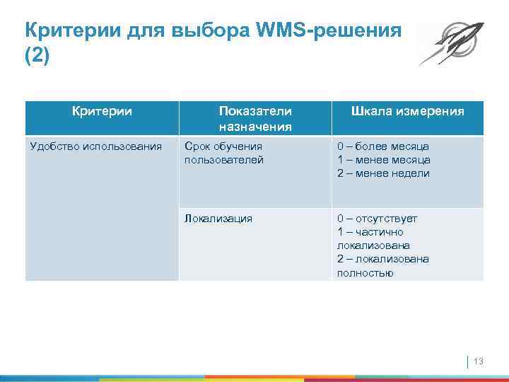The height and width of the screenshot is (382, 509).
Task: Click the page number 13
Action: [x=478, y=362]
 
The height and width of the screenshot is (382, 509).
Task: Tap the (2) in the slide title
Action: [x=37, y=56]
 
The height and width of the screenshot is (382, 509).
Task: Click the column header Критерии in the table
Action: [x=102, y=111]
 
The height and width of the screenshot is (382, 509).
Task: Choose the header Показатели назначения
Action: [x=255, y=118]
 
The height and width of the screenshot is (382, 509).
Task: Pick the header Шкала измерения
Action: [x=408, y=111]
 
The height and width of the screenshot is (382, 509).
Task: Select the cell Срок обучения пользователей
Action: [x=224, y=153]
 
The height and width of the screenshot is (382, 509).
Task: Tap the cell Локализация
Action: [x=218, y=219]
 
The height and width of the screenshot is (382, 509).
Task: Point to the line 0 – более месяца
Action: [x=382, y=146]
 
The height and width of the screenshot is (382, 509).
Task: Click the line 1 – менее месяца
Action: [x=383, y=160]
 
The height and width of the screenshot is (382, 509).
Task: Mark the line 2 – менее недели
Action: [x=382, y=173]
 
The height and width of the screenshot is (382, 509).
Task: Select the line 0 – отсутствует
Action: [x=377, y=219]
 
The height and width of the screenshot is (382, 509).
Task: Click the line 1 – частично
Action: [x=370, y=232]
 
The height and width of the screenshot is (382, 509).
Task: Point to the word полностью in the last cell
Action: [x=365, y=272]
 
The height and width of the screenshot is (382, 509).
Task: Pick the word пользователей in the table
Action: [x=224, y=160]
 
